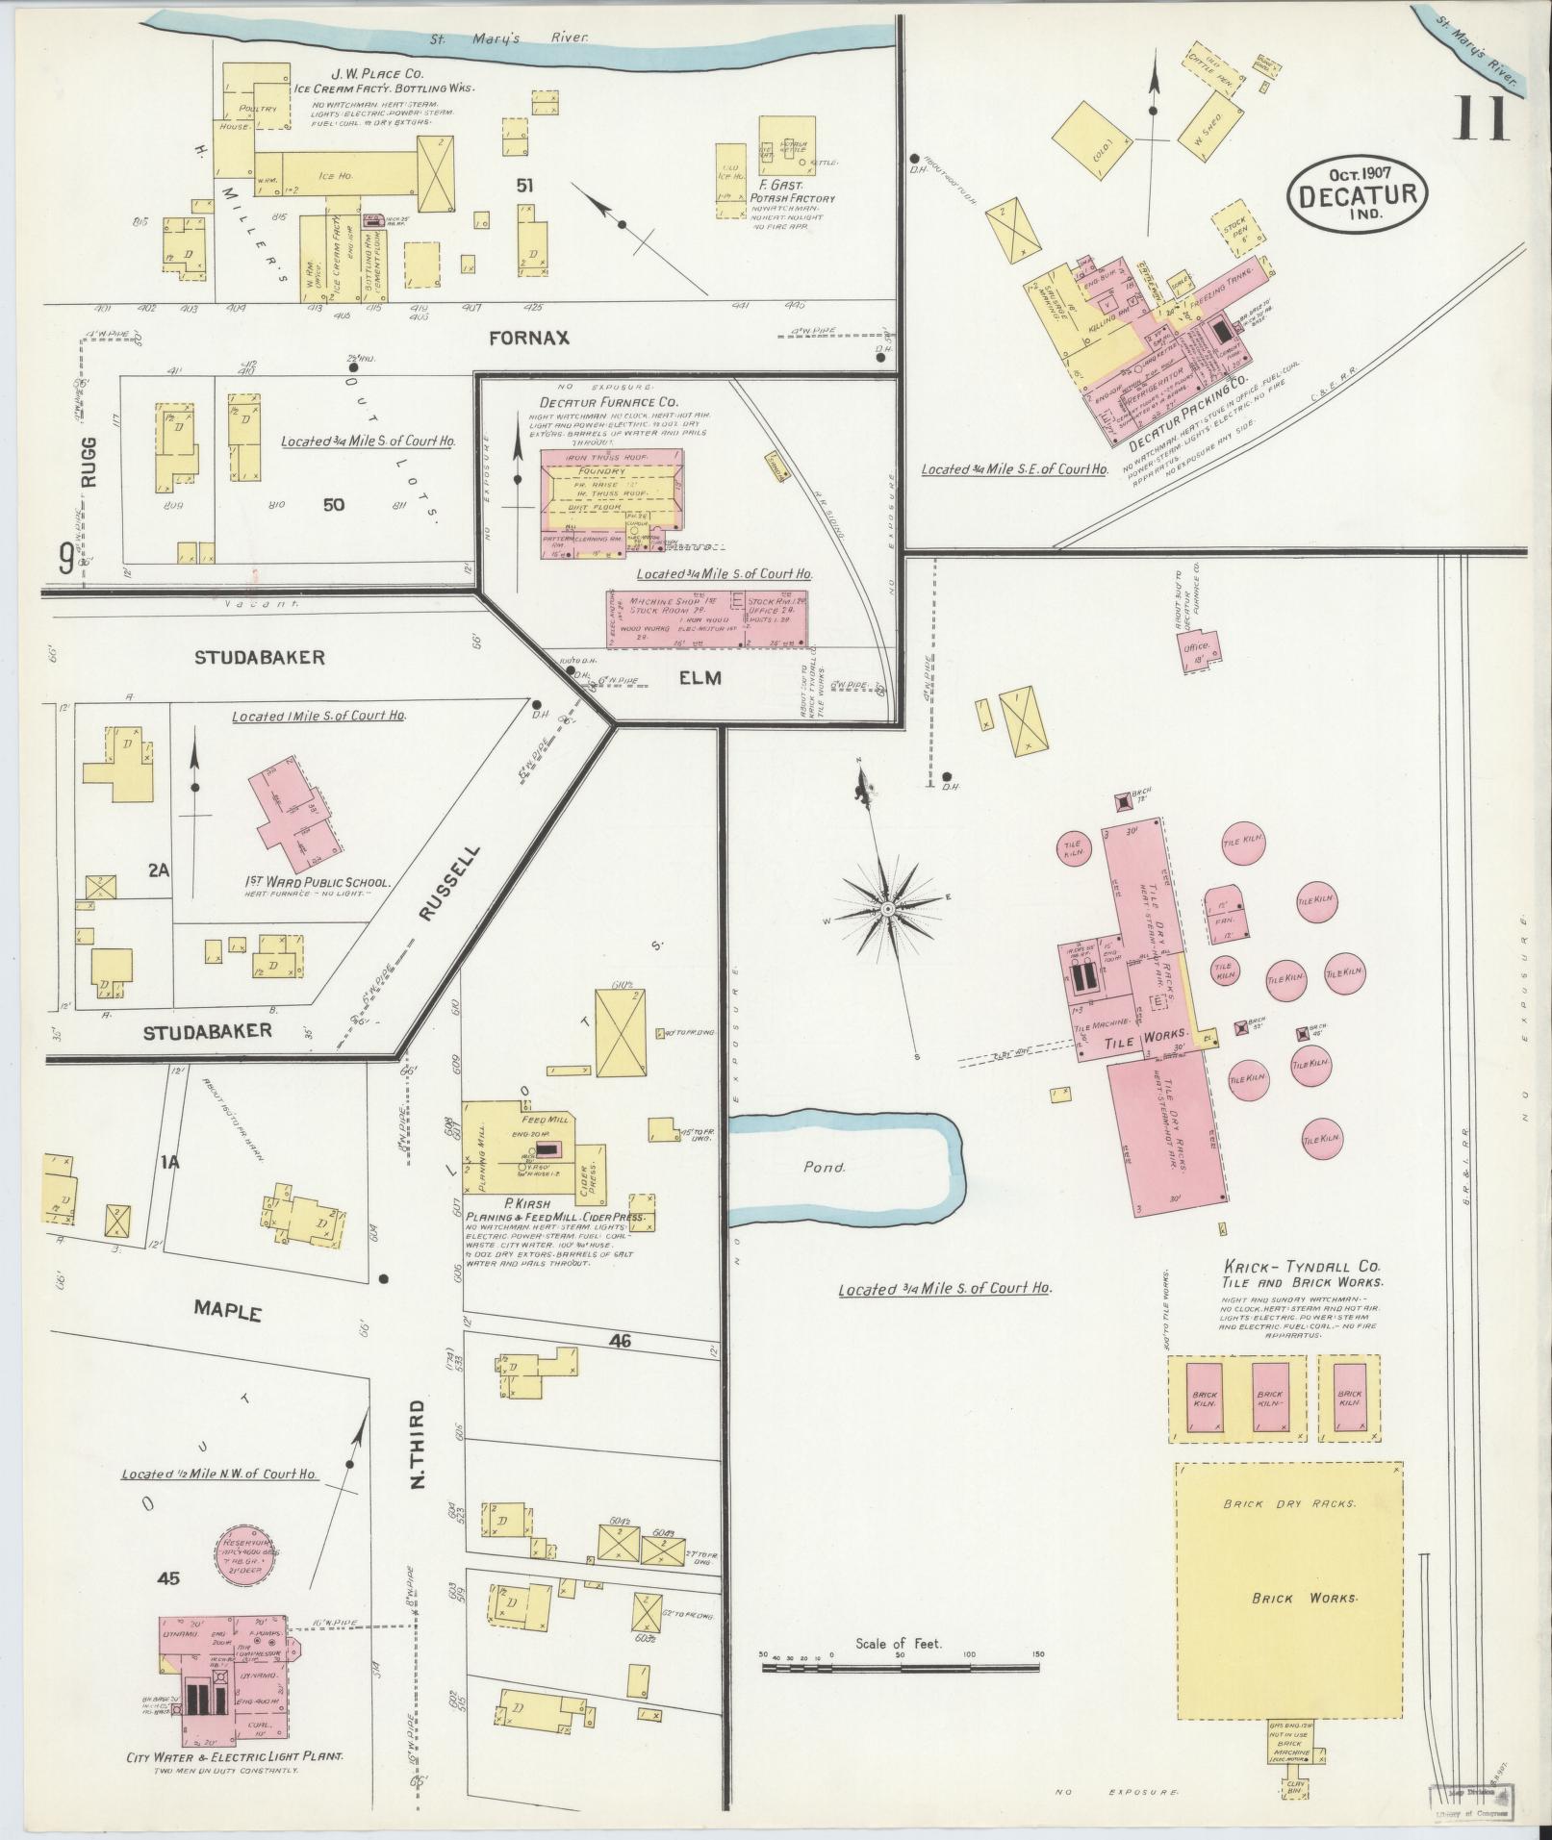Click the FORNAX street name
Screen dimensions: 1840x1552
pyautogui.click(x=528, y=338)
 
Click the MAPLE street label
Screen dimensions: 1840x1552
pyautogui.click(x=228, y=1310)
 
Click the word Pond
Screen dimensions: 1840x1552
pyautogui.click(x=825, y=1167)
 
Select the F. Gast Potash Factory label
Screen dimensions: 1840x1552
pyautogui.click(x=796, y=192)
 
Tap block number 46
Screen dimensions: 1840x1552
pyautogui.click(x=620, y=1339)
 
